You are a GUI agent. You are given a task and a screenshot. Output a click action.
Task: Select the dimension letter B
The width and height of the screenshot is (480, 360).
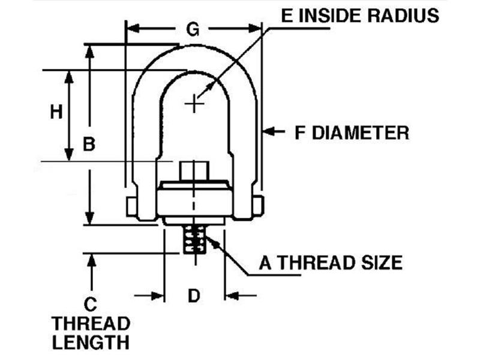point(89,144)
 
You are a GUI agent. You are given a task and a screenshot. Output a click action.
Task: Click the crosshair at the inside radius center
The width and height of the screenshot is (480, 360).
point(193,104)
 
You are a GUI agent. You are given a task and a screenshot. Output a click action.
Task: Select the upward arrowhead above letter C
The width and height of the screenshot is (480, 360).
point(90,259)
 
